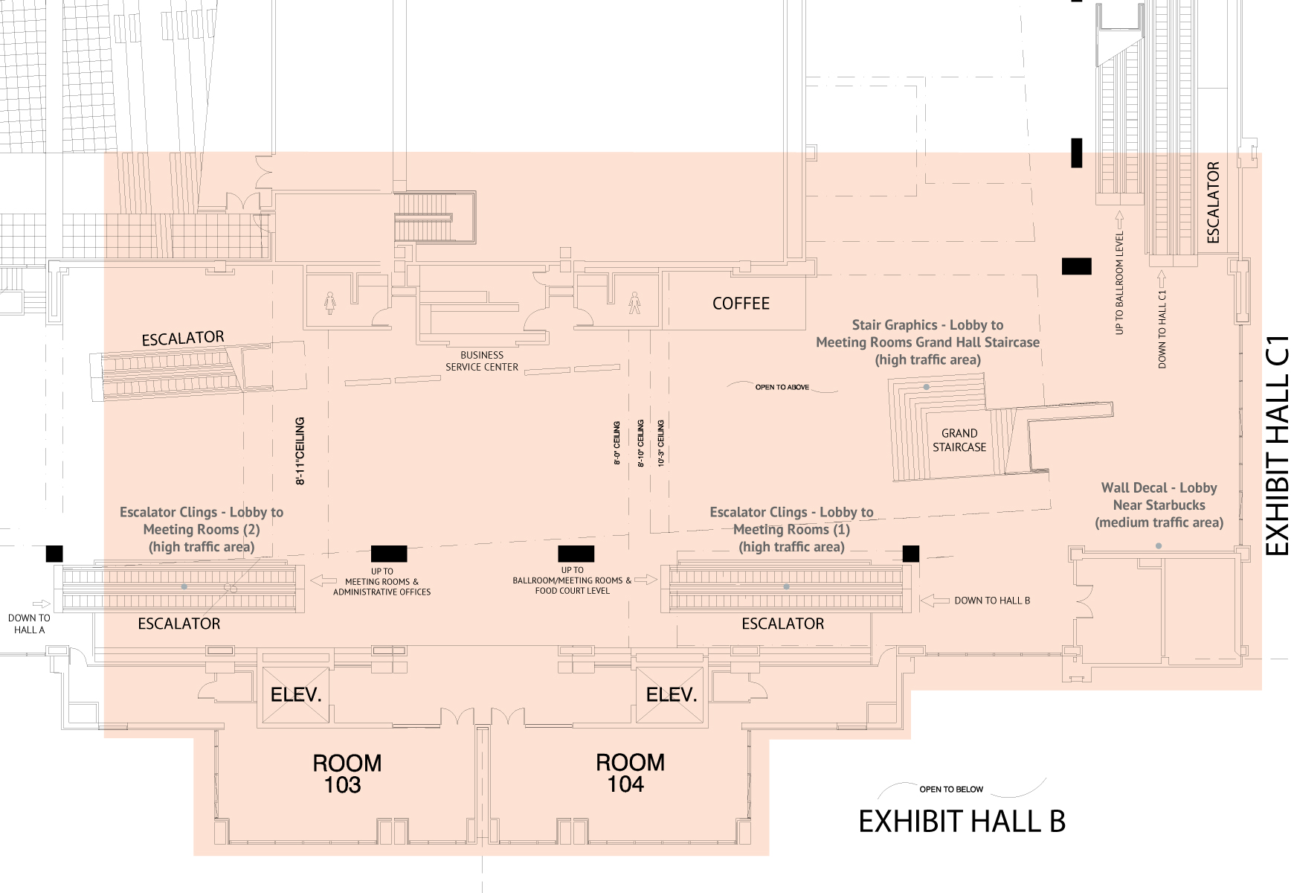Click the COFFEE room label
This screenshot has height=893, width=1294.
coord(741,304)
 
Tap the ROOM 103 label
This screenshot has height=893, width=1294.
coord(346,774)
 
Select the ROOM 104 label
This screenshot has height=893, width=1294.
coord(629,773)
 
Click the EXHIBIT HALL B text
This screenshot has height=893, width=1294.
coord(962,822)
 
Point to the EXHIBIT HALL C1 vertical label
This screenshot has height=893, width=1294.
coord(1277,445)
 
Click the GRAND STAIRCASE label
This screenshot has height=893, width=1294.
coord(959,440)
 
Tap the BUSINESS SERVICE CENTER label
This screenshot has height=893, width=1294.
coord(482,361)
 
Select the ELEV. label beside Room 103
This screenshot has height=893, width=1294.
coord(296,695)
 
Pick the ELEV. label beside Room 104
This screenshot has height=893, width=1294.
coord(672,695)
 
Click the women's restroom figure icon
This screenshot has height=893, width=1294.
coord(330,303)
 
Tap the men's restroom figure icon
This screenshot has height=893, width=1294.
coord(634,302)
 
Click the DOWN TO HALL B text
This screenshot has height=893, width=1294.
coord(992,601)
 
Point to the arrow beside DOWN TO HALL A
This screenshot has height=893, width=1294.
coord(42,604)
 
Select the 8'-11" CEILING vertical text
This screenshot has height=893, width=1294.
coord(300,451)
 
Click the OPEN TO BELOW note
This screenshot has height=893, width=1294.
coord(951,790)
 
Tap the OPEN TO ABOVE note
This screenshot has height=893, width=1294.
coord(782,387)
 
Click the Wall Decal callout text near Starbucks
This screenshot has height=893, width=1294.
coord(1159,505)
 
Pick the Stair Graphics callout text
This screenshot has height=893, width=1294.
coord(927,342)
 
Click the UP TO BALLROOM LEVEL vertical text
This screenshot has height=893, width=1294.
coord(1119,283)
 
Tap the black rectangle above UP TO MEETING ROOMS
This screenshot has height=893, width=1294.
coord(389,554)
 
